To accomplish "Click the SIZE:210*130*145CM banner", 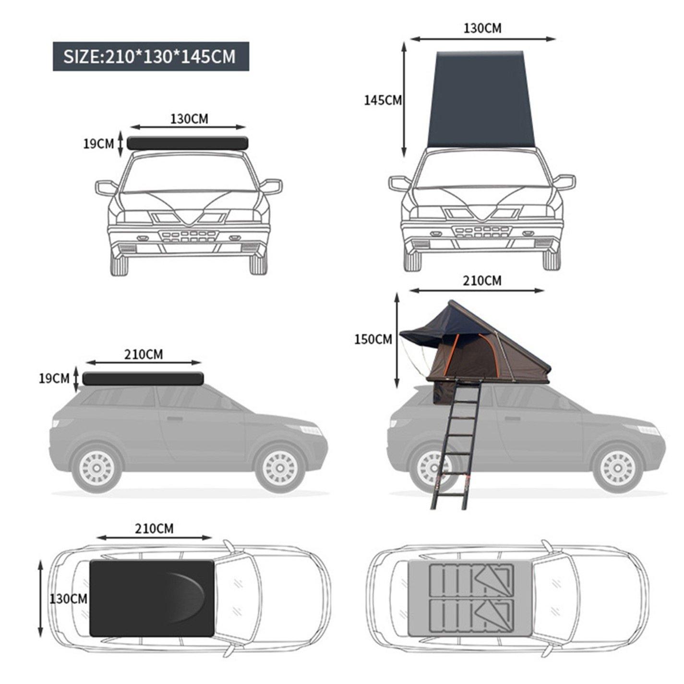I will pyautogui.click(x=150, y=57).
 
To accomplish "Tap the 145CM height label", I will pyautogui.click(x=383, y=100).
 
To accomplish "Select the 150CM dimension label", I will pyautogui.click(x=373, y=339).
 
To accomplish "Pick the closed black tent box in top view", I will pyautogui.click(x=152, y=598).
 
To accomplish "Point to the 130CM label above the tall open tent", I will pyautogui.click(x=482, y=28).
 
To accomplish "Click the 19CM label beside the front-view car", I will pyautogui.click(x=98, y=144).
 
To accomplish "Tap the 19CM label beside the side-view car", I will pyautogui.click(x=54, y=379).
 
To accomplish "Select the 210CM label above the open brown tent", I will pyautogui.click(x=481, y=280).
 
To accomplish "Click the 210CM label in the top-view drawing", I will pyautogui.click(x=154, y=528).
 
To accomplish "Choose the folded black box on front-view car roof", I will pyautogui.click(x=187, y=143).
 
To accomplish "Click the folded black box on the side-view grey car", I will pyautogui.click(x=143, y=379).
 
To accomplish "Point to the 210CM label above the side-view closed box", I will pyautogui.click(x=144, y=354).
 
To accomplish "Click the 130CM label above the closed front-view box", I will pyautogui.click(x=189, y=119).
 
